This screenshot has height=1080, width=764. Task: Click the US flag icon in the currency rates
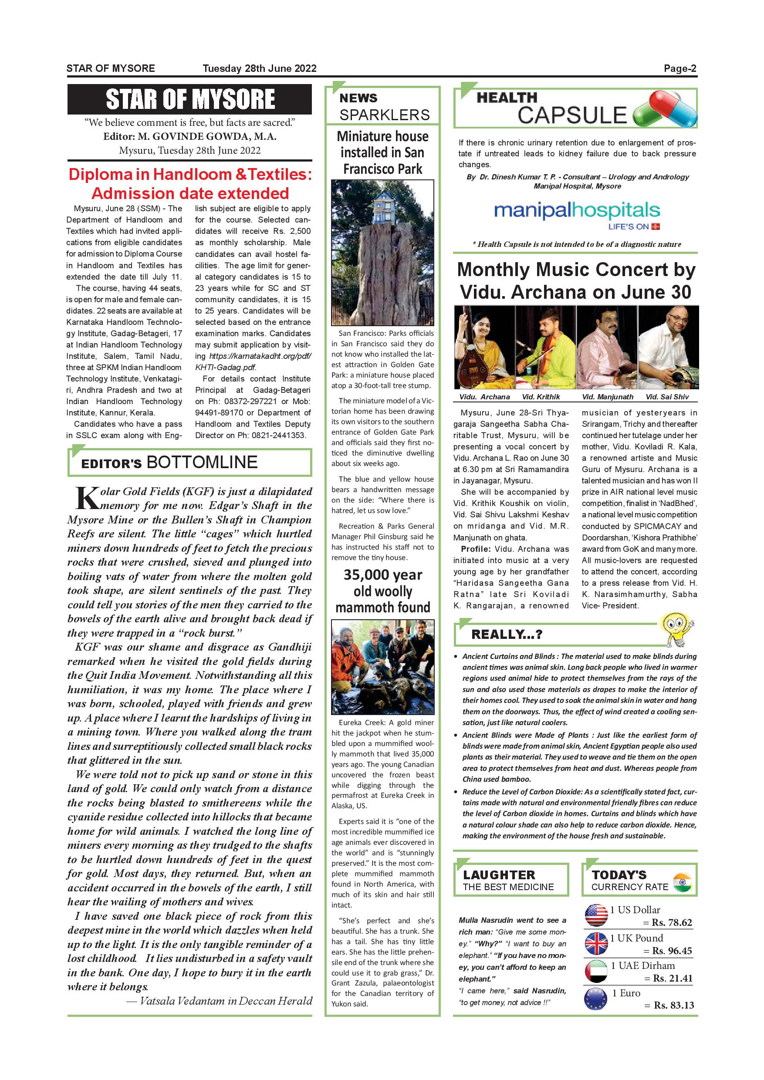click(595, 915)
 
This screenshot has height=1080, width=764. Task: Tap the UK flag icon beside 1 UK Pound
click(595, 943)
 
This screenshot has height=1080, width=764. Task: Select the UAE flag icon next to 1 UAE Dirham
click(595, 971)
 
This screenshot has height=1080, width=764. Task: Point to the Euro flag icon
click(595, 999)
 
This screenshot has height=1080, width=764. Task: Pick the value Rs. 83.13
click(674, 1005)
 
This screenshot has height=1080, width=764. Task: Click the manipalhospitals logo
click(577, 211)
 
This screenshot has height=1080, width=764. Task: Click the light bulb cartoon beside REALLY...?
click(677, 629)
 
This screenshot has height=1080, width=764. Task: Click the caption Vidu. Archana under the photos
click(484, 397)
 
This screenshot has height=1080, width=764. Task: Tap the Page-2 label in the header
click(680, 68)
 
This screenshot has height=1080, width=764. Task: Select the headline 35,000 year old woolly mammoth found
click(382, 591)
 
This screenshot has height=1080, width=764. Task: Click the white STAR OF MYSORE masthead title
click(190, 99)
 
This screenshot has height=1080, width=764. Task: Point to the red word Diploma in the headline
click(101, 175)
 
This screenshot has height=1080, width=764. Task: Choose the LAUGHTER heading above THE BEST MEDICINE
click(499, 875)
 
